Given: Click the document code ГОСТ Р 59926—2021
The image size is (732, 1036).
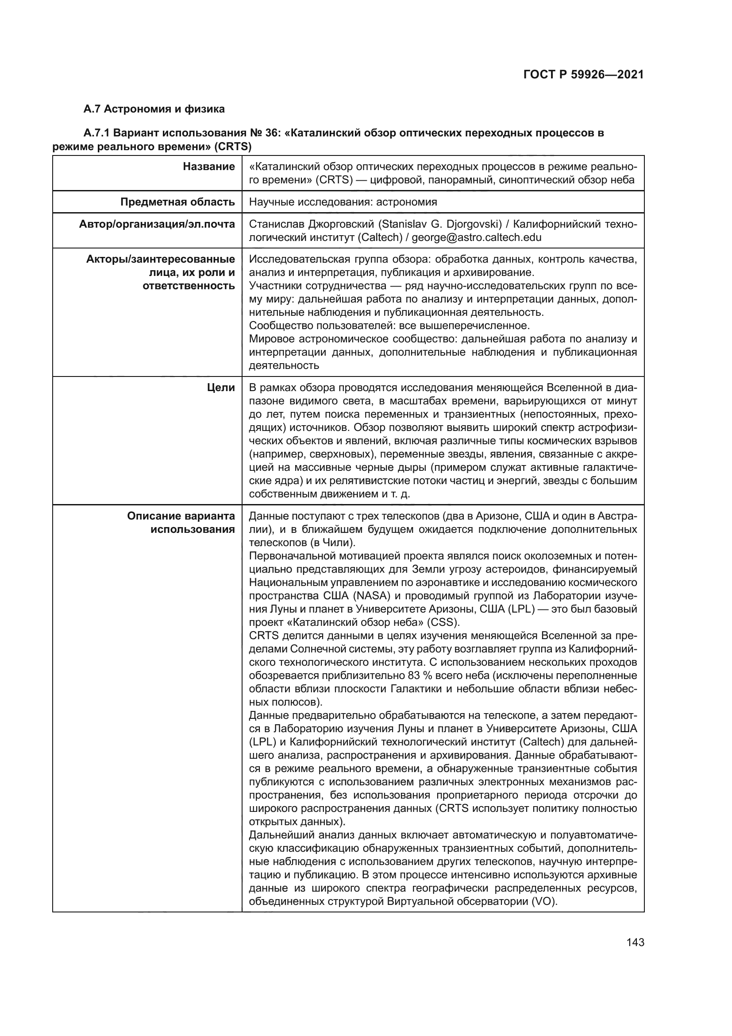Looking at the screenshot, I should [583, 75].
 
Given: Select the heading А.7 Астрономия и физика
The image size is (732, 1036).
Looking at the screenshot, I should [154, 109].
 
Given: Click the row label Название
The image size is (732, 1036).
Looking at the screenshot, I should [209, 167].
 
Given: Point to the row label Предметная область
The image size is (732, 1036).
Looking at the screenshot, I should [177, 202].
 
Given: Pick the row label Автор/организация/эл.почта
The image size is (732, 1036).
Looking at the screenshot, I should [156, 224].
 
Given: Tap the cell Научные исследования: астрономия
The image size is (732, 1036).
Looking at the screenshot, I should [343, 202].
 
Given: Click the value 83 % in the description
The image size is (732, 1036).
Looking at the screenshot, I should [420, 675].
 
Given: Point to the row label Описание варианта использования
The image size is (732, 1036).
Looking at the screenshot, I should [181, 523].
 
